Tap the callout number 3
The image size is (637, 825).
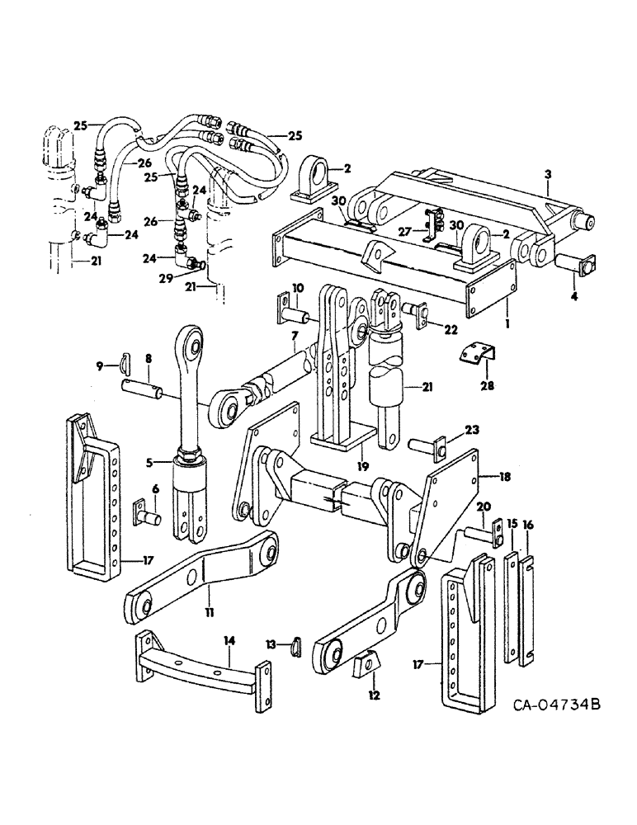[547, 174]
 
